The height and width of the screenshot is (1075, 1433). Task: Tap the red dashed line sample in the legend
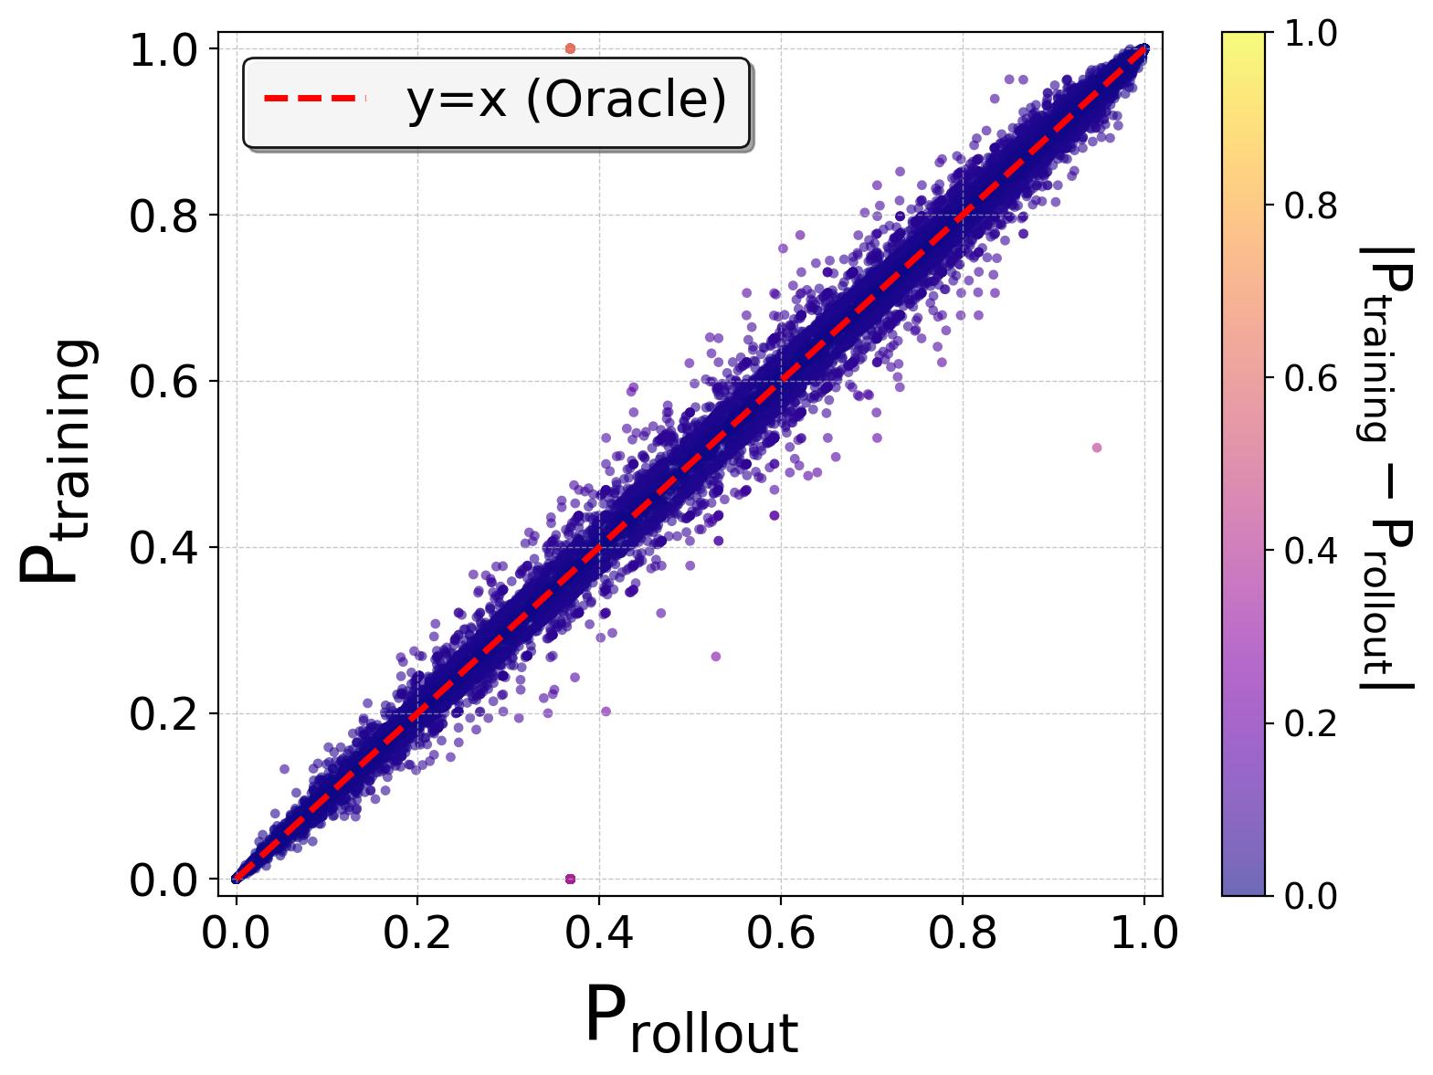point(314,98)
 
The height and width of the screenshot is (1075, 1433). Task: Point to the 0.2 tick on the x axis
point(417,934)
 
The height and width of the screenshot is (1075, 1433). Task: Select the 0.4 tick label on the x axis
point(599,934)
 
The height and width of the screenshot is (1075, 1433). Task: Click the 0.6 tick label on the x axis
point(781,934)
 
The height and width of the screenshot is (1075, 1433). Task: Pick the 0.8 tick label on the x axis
point(963,934)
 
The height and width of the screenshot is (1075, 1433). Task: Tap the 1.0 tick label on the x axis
point(1144,934)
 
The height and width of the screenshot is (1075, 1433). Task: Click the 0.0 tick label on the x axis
point(236,934)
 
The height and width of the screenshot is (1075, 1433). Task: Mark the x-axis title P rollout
point(690,1019)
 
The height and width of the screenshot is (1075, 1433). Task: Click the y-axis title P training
point(57,461)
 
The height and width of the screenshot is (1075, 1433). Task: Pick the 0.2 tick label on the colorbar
point(1311,723)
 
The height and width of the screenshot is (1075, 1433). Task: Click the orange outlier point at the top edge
point(571,48)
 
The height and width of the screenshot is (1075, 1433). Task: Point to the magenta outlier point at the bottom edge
point(571,879)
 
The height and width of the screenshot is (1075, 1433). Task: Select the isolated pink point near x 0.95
point(1097,448)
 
